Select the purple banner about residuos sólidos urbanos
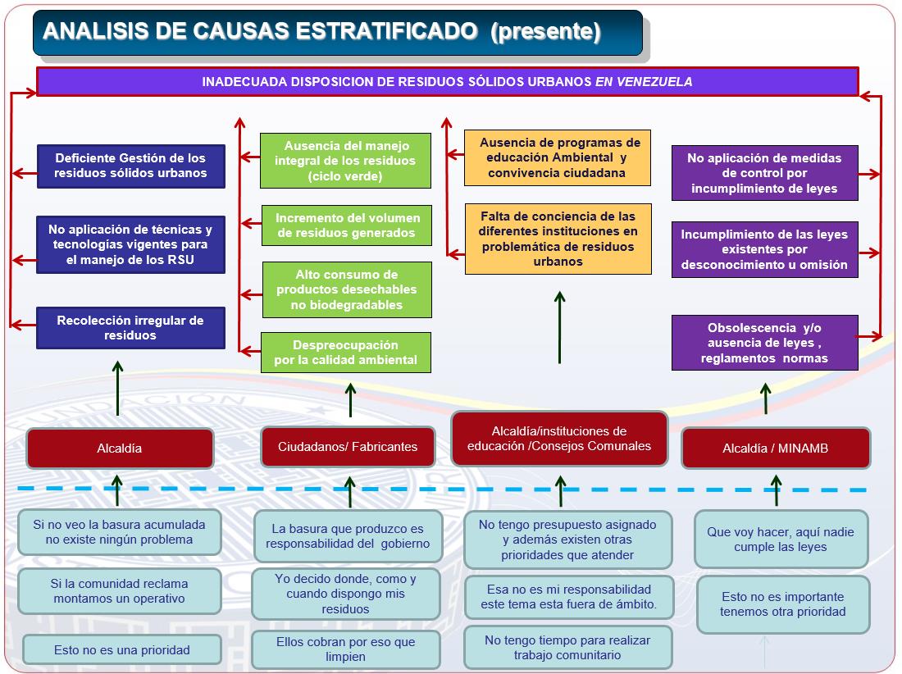coord(448,82)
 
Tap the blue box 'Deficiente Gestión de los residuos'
coord(130,166)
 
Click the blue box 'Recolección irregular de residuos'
coord(130,328)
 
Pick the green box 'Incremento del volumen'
coord(346,225)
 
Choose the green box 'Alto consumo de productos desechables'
coord(347,289)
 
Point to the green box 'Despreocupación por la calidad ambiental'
coord(346,353)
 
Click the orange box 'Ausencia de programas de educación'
coord(558,157)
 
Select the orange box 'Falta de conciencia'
coord(558,239)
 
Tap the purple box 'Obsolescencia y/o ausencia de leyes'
coord(764,343)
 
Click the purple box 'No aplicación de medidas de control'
coord(764,173)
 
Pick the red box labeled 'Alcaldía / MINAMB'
coord(776,448)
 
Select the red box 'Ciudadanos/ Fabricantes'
coord(348,447)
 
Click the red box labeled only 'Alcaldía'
coord(120,448)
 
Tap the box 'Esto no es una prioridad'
coord(122,650)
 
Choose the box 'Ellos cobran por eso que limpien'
coord(346,649)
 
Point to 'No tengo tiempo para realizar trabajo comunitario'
coord(567,648)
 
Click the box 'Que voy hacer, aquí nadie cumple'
coord(781,540)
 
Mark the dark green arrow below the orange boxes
coord(559,327)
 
